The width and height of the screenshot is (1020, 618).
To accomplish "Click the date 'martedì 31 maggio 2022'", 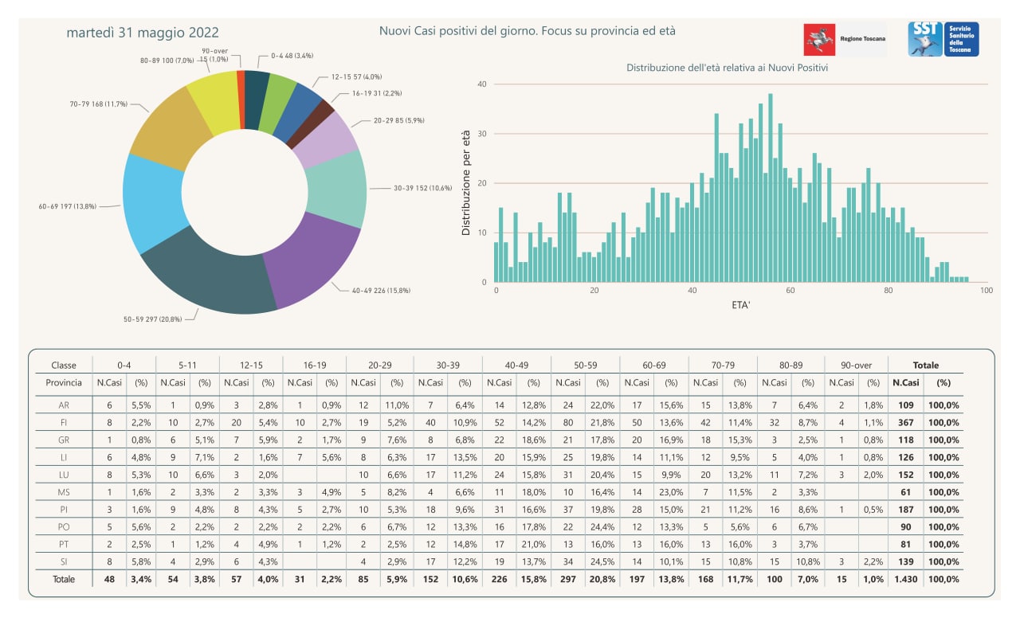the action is point(143,33).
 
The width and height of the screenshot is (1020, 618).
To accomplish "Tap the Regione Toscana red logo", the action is point(819,40).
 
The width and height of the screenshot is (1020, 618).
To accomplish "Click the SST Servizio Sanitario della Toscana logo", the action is point(943,39).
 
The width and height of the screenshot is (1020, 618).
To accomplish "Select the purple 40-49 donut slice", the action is point(310,260).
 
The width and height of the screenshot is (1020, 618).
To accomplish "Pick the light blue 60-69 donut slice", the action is point(152,202).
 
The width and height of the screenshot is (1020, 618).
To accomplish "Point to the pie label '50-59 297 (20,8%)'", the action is point(152,319).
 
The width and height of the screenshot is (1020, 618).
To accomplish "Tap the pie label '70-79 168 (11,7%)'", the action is point(98,104).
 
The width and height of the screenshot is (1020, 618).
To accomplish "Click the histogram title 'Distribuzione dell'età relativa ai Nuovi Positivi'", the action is point(727,68).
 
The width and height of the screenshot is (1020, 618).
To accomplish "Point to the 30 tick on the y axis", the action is point(482,134).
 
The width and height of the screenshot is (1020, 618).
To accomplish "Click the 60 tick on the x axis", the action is point(790,291).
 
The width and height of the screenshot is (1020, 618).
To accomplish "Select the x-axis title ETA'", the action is point(741,305).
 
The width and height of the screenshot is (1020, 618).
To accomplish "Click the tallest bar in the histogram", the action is point(771,187).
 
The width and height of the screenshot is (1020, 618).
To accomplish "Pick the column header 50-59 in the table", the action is point(585,365).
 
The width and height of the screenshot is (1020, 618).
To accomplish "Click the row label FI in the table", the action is point(64,422).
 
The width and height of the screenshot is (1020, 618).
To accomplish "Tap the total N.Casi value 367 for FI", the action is point(906,422).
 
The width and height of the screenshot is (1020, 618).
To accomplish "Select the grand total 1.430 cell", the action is point(906,579).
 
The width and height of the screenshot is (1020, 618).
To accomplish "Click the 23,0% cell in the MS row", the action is point(671,492).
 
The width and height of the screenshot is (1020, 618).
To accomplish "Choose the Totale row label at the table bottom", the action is point(64,579).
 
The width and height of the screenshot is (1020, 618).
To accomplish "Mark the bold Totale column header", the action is point(926,365).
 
